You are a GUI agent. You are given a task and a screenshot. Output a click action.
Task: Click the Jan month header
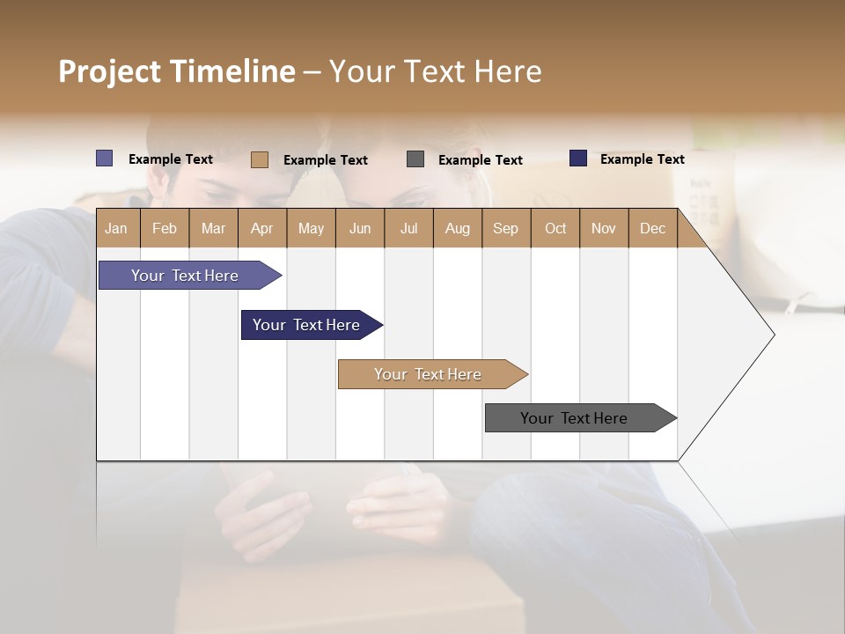[116, 228]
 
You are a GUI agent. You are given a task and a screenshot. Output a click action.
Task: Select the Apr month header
[261, 228]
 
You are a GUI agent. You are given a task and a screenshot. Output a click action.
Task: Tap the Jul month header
[408, 228]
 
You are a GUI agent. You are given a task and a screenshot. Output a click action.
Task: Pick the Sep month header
[505, 228]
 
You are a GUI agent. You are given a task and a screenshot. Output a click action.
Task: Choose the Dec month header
[652, 228]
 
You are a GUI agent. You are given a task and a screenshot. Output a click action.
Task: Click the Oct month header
[555, 228]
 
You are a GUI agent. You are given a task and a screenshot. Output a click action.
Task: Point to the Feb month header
[164, 228]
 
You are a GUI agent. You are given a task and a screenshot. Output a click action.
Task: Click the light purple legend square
[104, 158]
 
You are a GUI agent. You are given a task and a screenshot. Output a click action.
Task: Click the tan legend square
[259, 159]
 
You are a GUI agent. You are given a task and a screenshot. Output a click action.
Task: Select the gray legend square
[415, 159]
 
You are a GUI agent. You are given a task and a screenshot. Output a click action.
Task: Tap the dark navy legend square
[578, 158]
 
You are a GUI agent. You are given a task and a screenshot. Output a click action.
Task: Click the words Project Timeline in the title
[176, 71]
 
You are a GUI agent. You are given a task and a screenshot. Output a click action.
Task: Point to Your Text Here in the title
[435, 71]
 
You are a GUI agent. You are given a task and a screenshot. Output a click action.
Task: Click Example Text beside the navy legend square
[642, 159]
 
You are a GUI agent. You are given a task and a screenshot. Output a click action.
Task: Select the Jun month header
[359, 228]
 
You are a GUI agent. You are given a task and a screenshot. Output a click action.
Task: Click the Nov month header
[603, 228]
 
